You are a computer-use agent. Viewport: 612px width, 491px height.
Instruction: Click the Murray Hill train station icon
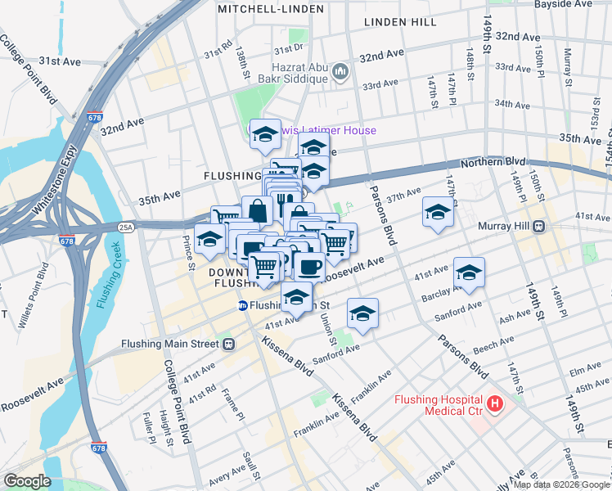pyautogui.click(x=539, y=226)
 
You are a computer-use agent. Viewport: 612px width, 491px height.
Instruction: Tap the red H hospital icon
pyautogui.click(x=495, y=403)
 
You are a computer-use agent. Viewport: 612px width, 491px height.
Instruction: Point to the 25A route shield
pyautogui.click(x=126, y=227)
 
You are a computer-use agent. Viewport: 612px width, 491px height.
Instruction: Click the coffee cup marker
pyautogui.click(x=309, y=267)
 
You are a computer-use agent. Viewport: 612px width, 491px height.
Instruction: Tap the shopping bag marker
pyautogui.click(x=257, y=210)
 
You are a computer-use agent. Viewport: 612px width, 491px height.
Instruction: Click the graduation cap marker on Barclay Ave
pyautogui.click(x=469, y=273)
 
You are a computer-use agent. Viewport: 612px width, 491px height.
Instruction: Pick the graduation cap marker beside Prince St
pyautogui.click(x=210, y=239)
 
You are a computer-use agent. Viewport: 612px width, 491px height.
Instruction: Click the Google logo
pyautogui.click(x=26, y=481)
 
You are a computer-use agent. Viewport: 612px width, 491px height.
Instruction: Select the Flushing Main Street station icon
pyautogui.click(x=230, y=345)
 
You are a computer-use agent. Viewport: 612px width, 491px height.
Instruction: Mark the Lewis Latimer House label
pyautogui.click(x=323, y=130)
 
